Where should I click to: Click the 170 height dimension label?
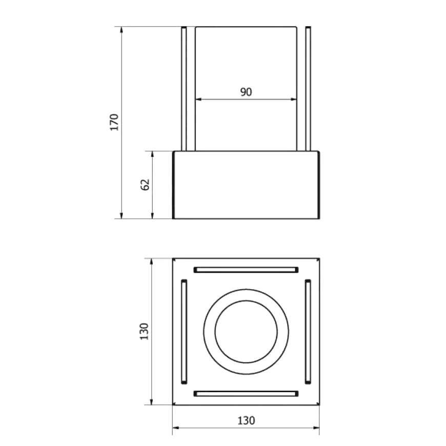click(114, 123)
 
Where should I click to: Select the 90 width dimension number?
click(246, 92)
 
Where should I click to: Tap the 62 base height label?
click(145, 185)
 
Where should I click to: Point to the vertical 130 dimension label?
click(145, 331)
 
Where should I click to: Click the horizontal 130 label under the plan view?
click(246, 420)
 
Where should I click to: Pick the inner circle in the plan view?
click(246, 300)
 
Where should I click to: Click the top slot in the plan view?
click(246, 270)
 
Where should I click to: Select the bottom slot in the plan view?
click(246, 394)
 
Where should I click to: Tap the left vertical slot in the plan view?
click(184, 332)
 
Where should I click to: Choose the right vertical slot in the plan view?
click(308, 332)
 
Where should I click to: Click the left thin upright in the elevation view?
click(184, 89)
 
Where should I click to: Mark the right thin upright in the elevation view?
click(308, 89)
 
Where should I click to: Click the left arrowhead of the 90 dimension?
click(198, 99)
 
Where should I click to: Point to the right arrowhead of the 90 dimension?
click(294, 99)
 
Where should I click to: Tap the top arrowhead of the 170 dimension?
click(121, 30)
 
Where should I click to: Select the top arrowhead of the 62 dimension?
click(152, 154)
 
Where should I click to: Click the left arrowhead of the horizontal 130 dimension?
click(175, 428)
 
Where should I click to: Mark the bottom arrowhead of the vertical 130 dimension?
click(151, 401)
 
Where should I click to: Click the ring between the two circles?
click(246, 295)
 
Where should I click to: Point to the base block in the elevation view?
click(246, 185)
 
